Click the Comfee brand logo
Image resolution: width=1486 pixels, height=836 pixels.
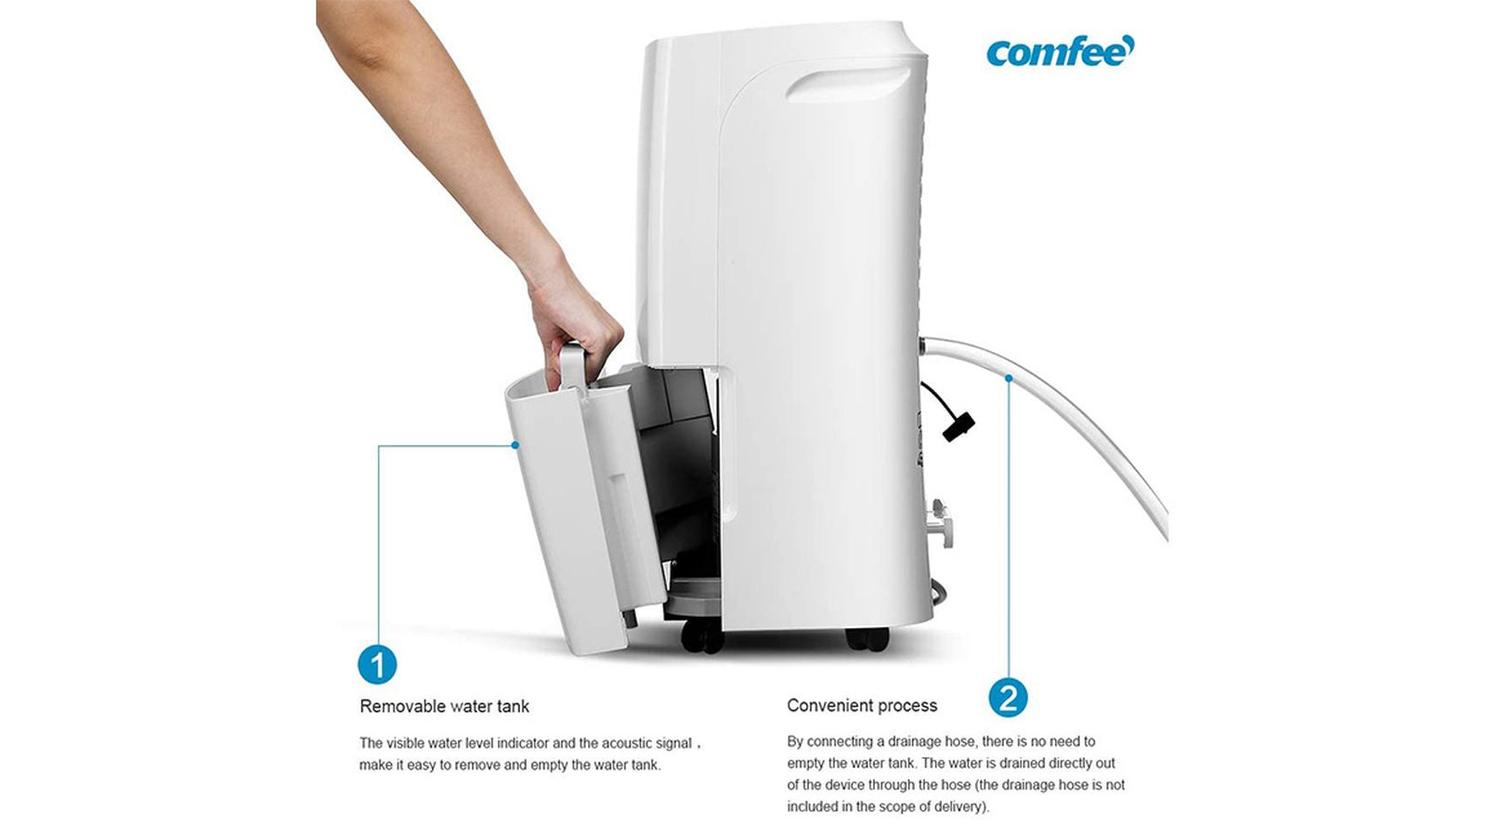coord(1060,51)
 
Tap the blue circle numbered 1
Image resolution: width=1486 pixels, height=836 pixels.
coord(377,665)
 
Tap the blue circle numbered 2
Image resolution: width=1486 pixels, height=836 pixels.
coord(1008,698)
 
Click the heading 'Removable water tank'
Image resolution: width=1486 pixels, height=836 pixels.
coord(445,706)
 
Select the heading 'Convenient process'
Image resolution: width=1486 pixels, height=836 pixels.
coord(862,705)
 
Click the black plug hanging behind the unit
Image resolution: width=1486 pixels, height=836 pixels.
coord(958,426)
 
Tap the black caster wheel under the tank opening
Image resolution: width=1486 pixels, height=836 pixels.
coord(703,635)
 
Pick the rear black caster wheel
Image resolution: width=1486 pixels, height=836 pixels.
coord(867,638)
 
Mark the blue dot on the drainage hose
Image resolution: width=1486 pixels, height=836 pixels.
coord(1009,377)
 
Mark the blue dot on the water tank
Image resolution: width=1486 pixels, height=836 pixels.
coord(515,445)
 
